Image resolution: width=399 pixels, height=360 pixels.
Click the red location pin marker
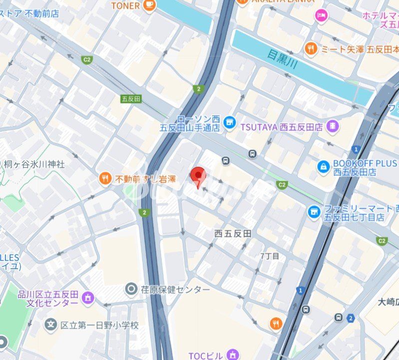[x=199, y=176]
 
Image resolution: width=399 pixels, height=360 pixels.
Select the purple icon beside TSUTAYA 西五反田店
[x=333, y=126]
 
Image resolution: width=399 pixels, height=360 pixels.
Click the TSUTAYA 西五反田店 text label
[x=282, y=127]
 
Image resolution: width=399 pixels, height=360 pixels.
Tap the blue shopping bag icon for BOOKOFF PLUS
[x=324, y=167]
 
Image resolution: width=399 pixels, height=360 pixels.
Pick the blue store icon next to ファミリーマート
[x=314, y=212]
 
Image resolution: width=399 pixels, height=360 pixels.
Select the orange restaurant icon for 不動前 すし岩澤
[x=105, y=178]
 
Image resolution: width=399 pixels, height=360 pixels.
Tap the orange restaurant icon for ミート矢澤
[x=312, y=49]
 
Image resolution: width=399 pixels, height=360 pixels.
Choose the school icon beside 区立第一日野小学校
[x=50, y=325]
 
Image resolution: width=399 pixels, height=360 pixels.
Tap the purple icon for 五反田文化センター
[x=88, y=298]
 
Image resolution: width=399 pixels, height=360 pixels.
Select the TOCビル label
[x=205, y=356]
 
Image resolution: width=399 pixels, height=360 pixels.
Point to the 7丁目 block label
[x=270, y=256]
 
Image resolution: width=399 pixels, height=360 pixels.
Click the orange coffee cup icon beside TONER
[x=149, y=5]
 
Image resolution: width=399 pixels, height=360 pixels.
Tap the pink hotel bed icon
[x=322, y=16]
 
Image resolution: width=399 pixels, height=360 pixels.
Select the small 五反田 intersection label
[x=131, y=99]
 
